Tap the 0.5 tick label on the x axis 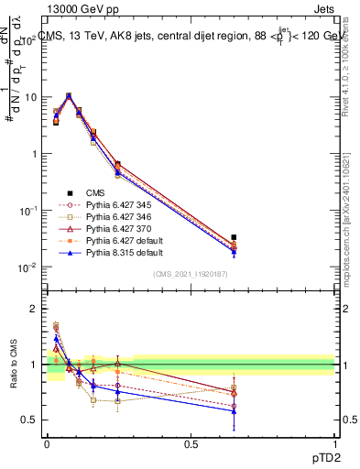191,443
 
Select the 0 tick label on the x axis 47,443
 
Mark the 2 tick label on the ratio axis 31,309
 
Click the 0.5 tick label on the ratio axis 27,420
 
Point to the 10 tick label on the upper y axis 27,97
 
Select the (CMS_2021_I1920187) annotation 191,274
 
